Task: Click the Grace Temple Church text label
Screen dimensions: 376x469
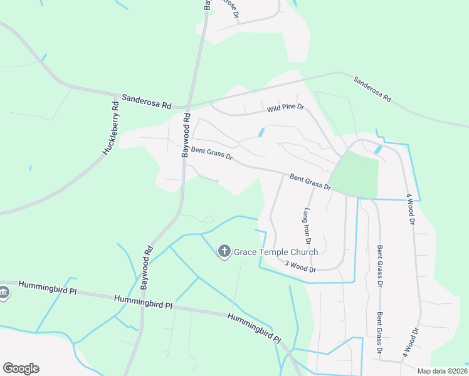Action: [276, 253]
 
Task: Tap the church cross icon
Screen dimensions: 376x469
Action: [224, 252]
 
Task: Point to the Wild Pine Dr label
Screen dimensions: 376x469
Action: [285, 108]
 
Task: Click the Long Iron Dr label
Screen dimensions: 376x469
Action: [308, 226]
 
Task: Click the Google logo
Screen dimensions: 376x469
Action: [21, 368]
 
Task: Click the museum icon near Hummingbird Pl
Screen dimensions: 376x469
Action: [4, 293]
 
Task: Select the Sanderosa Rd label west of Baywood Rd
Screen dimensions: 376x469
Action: [147, 101]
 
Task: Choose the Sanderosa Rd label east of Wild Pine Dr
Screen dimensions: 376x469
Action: [372, 90]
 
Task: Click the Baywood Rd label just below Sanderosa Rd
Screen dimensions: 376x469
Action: [186, 135]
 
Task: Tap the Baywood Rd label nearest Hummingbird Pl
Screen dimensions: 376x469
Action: [146, 264]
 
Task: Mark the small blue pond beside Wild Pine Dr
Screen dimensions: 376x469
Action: [261, 133]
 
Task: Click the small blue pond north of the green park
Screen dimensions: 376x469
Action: [377, 150]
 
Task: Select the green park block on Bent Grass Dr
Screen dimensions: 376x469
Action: [356, 175]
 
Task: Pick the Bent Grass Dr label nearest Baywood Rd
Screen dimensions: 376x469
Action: [212, 154]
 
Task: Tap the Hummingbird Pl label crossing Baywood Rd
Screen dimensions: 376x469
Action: [143, 302]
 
